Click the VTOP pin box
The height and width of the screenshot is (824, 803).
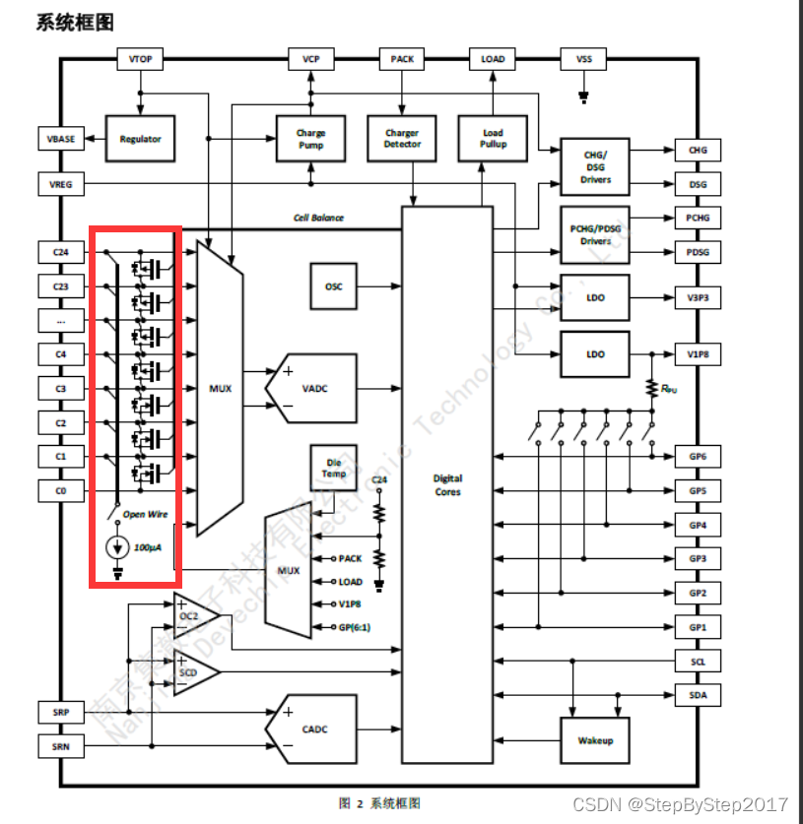(x=140, y=59)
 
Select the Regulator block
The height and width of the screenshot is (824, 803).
(x=140, y=139)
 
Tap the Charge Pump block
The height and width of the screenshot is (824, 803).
(x=310, y=139)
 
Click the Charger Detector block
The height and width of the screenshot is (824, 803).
(x=402, y=139)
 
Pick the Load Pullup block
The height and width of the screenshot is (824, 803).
(x=493, y=139)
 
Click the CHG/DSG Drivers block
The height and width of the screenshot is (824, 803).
(x=595, y=165)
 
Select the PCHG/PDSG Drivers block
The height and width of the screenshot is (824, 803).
(x=595, y=234)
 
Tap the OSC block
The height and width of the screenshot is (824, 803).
(x=334, y=286)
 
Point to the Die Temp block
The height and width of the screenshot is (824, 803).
(x=334, y=468)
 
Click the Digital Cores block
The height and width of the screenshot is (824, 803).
(x=447, y=484)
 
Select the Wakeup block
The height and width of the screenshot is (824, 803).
(x=595, y=740)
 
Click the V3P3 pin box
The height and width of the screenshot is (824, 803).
(x=698, y=297)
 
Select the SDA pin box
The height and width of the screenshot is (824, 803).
(x=698, y=696)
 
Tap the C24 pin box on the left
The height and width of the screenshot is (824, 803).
(x=61, y=251)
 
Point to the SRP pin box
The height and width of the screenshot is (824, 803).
(x=61, y=711)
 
